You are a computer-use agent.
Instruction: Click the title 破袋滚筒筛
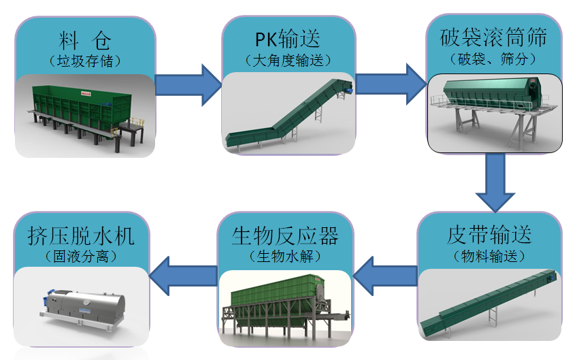click(494, 35)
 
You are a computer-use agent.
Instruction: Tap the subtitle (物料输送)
click(489, 257)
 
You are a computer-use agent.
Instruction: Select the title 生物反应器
click(285, 235)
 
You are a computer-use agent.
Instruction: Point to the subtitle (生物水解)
click(285, 257)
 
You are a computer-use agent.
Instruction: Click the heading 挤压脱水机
click(81, 235)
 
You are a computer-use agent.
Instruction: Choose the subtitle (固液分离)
click(81, 257)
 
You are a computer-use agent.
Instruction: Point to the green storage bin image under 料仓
click(85, 112)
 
